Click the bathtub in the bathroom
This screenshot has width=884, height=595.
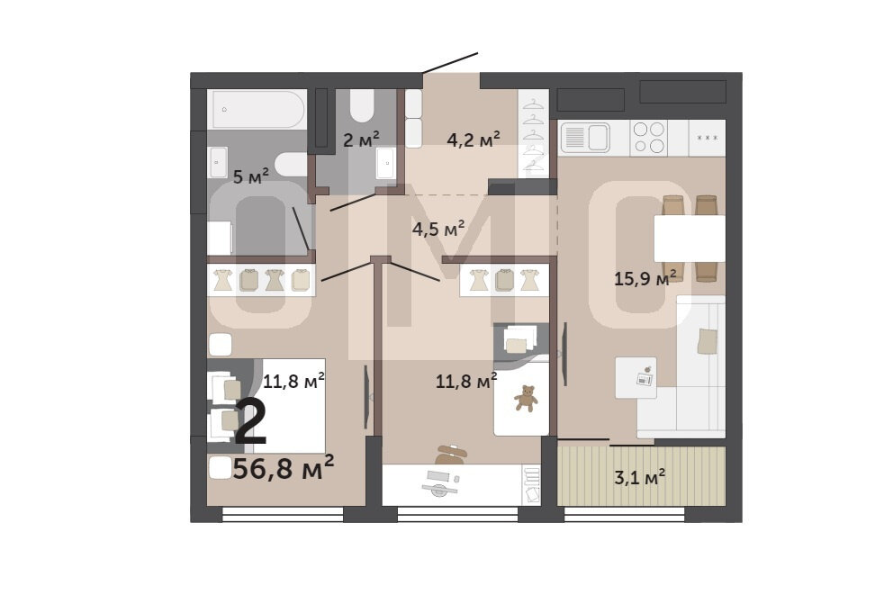257,109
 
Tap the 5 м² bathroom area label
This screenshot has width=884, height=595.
251,176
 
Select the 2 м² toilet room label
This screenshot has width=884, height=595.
361,139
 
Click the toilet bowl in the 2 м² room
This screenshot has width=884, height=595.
361,105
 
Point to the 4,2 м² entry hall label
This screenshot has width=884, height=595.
474,139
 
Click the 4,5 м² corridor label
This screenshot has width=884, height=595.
438,229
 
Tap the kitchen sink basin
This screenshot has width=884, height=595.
598,137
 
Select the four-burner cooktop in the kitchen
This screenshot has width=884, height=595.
648,138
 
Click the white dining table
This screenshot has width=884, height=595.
690,239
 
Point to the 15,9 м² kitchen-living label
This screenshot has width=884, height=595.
645,277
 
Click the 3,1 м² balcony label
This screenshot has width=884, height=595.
639,477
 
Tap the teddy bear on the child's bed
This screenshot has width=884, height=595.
526,398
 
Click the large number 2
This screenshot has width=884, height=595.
251,422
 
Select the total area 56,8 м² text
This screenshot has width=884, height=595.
283,467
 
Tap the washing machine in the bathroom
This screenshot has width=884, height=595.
220,238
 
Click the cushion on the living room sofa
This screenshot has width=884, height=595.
707,342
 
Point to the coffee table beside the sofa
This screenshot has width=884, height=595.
636,377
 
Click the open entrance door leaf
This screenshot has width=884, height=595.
450,63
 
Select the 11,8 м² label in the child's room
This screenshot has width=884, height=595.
466,381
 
